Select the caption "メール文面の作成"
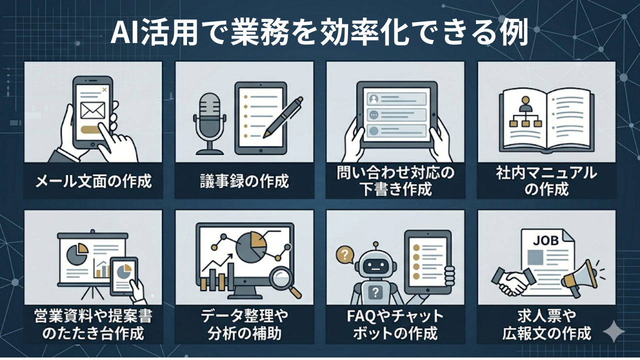tap(93, 180)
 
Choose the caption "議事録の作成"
tap(244, 180)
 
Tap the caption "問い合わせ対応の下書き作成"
tap(395, 181)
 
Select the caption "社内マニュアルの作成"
tap(546, 181)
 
